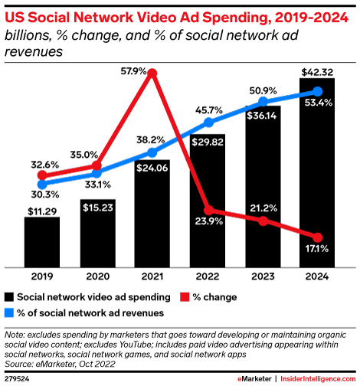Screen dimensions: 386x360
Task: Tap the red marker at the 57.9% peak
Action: pos(152,74)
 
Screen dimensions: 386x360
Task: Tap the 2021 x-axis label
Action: pos(153,277)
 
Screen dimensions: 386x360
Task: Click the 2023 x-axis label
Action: pos(263,277)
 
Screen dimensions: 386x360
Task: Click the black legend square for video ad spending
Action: pos(11,296)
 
